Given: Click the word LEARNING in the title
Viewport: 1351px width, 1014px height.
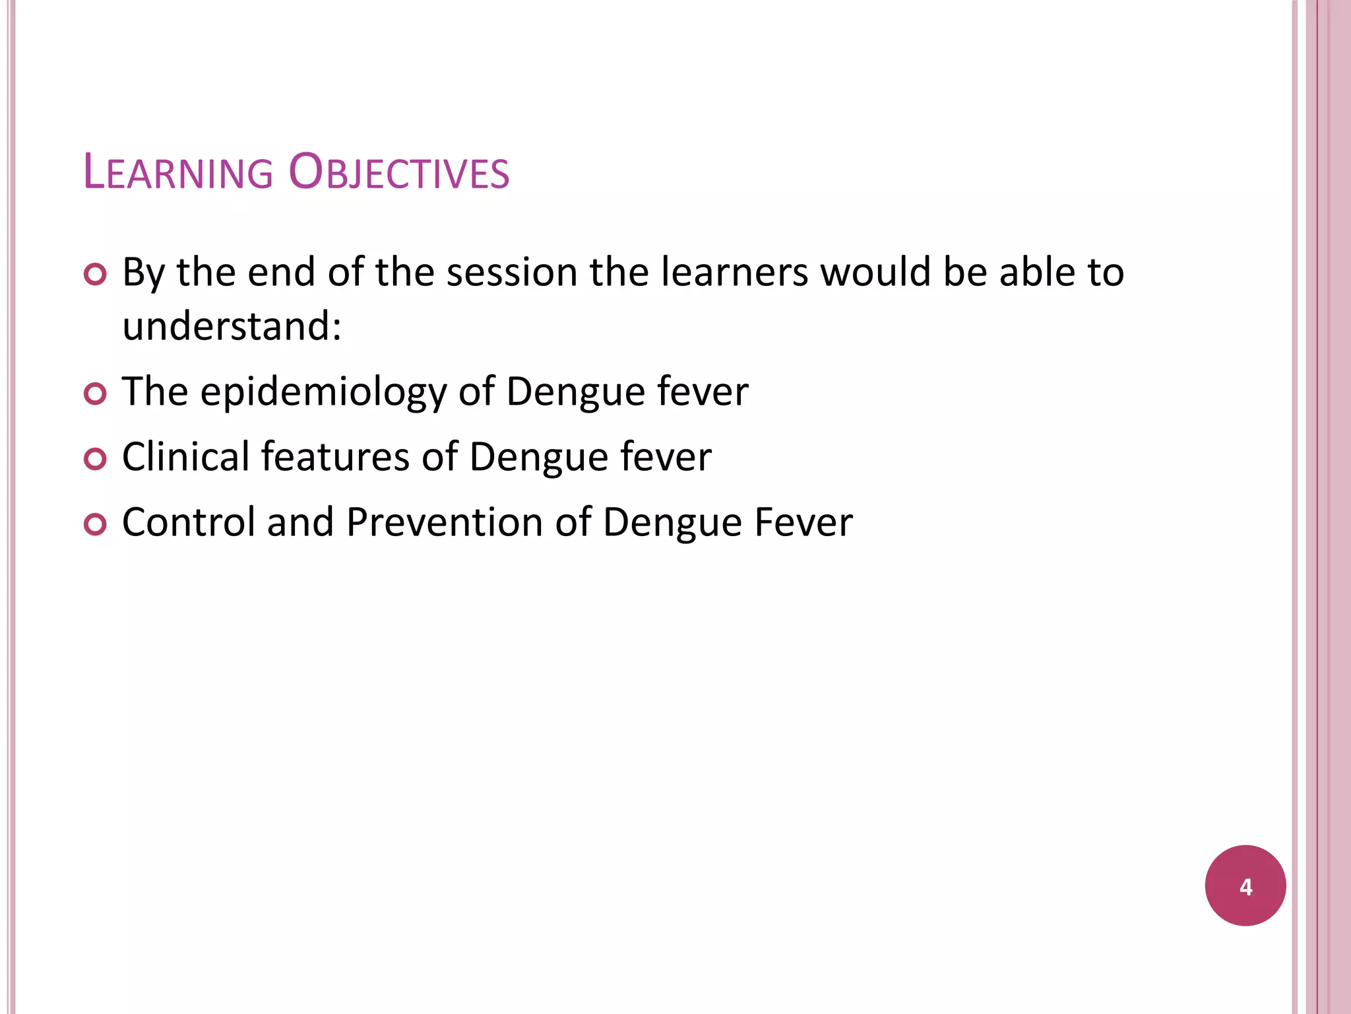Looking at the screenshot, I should [178, 173].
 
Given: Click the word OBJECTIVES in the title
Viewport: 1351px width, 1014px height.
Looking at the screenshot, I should [399, 173].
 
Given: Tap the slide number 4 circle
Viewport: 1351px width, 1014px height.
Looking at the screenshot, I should [1245, 885].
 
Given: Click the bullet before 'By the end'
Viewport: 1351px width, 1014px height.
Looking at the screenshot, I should [96, 274].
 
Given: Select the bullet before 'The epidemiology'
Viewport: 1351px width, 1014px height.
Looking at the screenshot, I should [96, 394].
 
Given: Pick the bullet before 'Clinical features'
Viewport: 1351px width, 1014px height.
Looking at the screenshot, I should [96, 459].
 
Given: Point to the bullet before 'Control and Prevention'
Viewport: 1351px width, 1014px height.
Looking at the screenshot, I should [96, 525].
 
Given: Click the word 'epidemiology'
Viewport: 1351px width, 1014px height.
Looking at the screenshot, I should [323, 393].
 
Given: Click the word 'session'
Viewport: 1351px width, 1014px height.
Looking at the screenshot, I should [512, 273].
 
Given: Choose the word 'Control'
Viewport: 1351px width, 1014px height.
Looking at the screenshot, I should [189, 522].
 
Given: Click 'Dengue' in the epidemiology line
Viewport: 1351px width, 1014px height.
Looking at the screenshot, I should [575, 393].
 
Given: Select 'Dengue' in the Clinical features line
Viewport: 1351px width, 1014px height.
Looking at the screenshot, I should [538, 457].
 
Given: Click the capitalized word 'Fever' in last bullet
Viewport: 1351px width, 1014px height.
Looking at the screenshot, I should [803, 522].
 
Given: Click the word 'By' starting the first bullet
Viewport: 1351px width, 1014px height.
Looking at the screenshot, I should [143, 273].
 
